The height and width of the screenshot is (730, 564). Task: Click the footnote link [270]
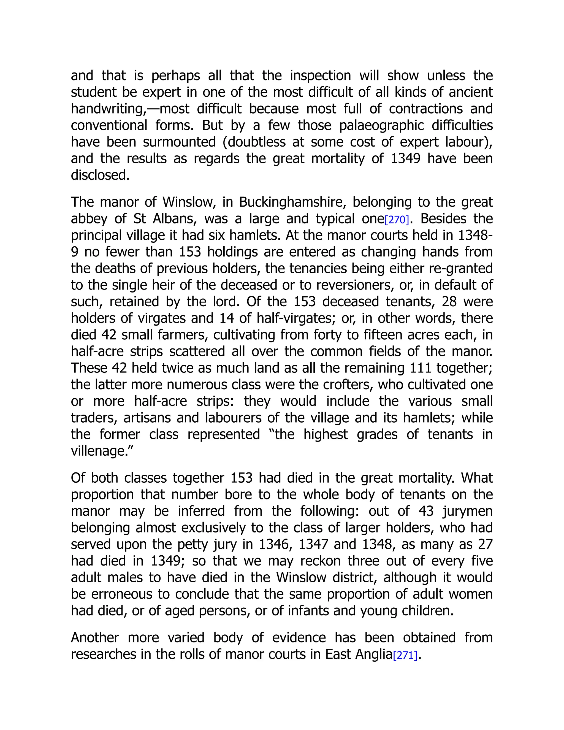click(397, 220)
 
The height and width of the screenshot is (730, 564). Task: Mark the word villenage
click(98, 451)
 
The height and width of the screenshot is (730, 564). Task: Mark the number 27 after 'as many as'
click(485, 544)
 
